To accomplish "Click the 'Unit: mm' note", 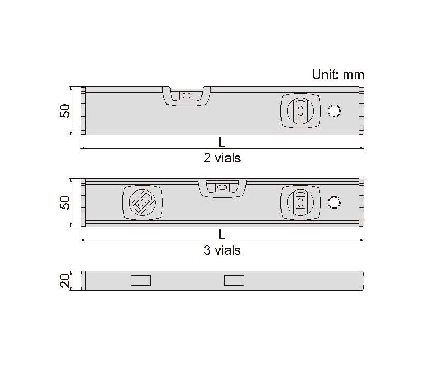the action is (338, 75).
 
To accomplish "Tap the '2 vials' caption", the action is (222, 158).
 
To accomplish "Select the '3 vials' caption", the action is (222, 250).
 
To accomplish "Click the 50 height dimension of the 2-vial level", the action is (65, 111).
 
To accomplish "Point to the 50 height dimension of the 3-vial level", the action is (65, 203).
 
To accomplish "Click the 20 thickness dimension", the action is (65, 281).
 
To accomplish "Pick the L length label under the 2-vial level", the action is (222, 143).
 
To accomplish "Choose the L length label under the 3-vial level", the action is (222, 234).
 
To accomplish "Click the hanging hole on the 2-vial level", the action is (334, 111).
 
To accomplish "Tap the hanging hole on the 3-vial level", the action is (334, 203).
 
